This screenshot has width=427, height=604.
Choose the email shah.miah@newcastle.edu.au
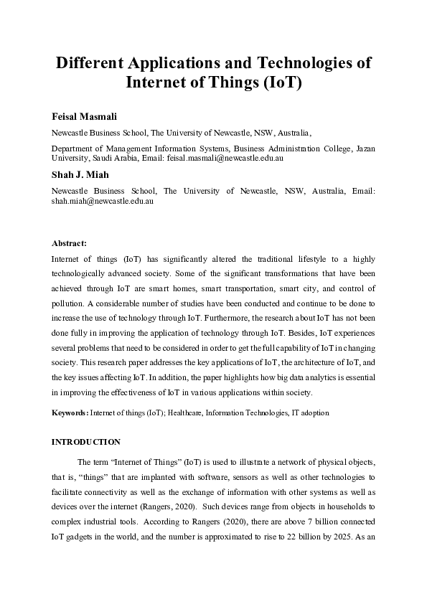(x=102, y=202)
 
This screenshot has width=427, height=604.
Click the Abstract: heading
(x=69, y=243)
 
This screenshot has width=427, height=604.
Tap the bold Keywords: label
(x=70, y=414)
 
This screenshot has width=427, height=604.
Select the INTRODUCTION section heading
(x=85, y=442)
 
